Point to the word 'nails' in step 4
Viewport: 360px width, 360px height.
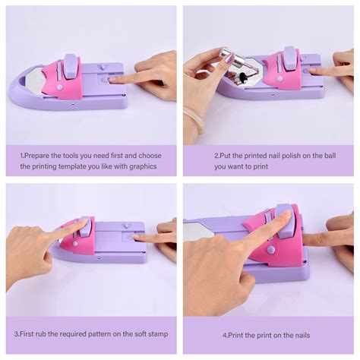300,334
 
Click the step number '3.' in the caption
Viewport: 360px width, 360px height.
17,333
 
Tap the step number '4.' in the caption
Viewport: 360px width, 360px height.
226,334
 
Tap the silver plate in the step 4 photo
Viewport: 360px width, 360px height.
200,229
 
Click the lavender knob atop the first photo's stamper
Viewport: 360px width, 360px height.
70,64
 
